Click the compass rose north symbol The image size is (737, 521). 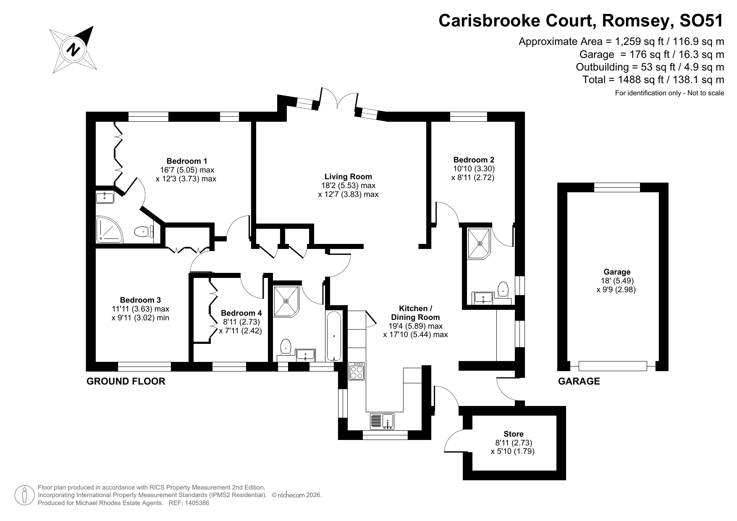click(x=74, y=50)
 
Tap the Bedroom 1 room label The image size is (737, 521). click(x=186, y=161)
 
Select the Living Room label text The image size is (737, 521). click(x=348, y=177)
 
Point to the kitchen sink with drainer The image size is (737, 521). click(x=382, y=421)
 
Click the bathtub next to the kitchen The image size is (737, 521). click(x=334, y=336)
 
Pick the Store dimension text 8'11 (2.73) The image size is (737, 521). click(x=513, y=443)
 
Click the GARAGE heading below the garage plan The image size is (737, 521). click(x=579, y=381)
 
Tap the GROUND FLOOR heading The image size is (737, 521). click(x=126, y=381)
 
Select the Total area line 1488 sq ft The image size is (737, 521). click(x=653, y=80)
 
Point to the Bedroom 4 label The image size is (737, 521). click(x=241, y=313)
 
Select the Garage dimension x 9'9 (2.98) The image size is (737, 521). click(x=616, y=290)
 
